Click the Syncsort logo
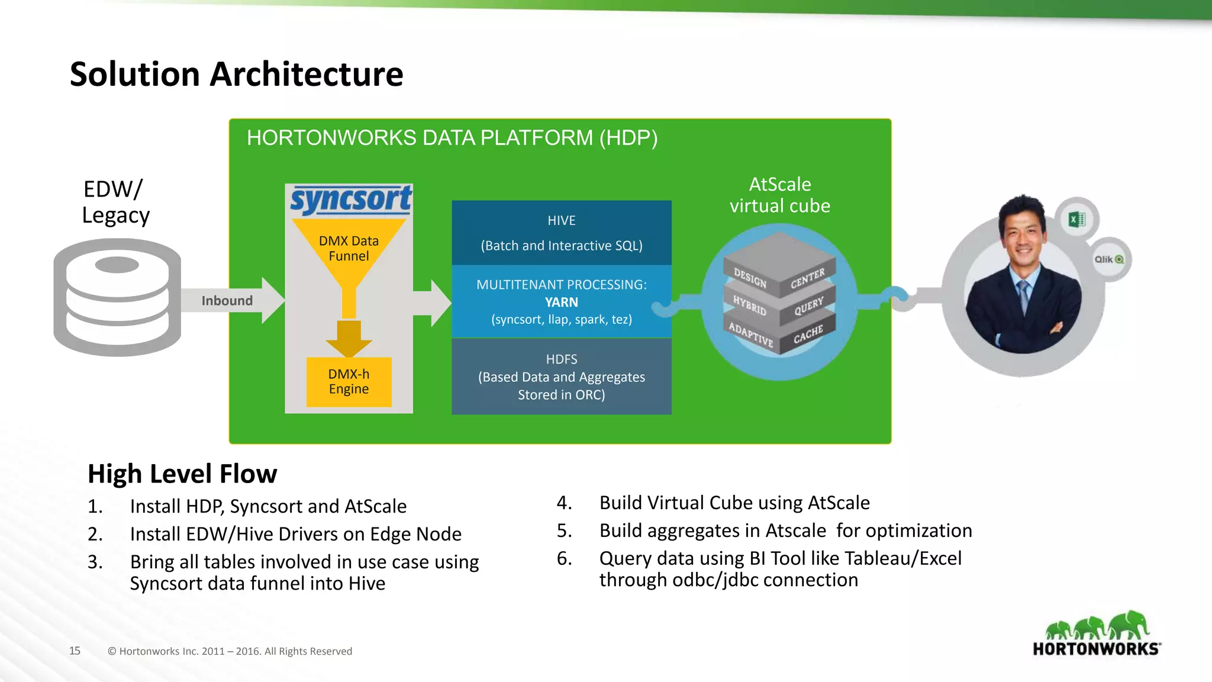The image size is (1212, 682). tap(350, 200)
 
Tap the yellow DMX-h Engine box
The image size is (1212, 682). tap(349, 382)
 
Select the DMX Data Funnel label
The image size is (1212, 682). tap(349, 249)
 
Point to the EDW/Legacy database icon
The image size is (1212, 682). tap(117, 297)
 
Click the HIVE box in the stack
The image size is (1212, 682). tap(561, 233)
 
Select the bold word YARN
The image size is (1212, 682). tap(561, 303)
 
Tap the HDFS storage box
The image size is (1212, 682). tap(561, 377)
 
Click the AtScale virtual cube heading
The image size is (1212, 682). tap(779, 195)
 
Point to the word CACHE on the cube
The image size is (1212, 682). tap(808, 334)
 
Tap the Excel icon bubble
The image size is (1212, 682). tap(1076, 220)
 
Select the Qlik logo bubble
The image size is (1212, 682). tap(1108, 259)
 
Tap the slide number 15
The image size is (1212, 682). tap(75, 651)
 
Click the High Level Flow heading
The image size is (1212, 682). tap(182, 474)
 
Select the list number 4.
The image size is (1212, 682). tap(564, 503)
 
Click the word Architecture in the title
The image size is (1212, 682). tap(307, 75)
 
